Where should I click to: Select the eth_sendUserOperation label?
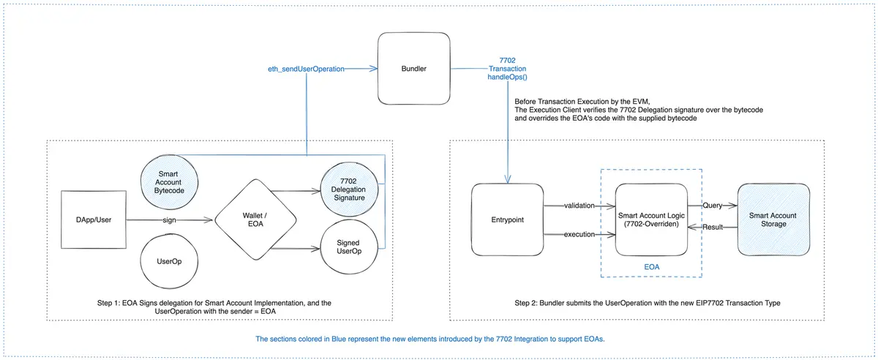[307, 69]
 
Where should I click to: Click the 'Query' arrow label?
[712, 206]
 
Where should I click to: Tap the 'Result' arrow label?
[713, 228]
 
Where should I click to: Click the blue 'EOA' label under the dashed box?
[650, 268]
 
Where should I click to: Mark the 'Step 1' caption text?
[219, 307]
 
